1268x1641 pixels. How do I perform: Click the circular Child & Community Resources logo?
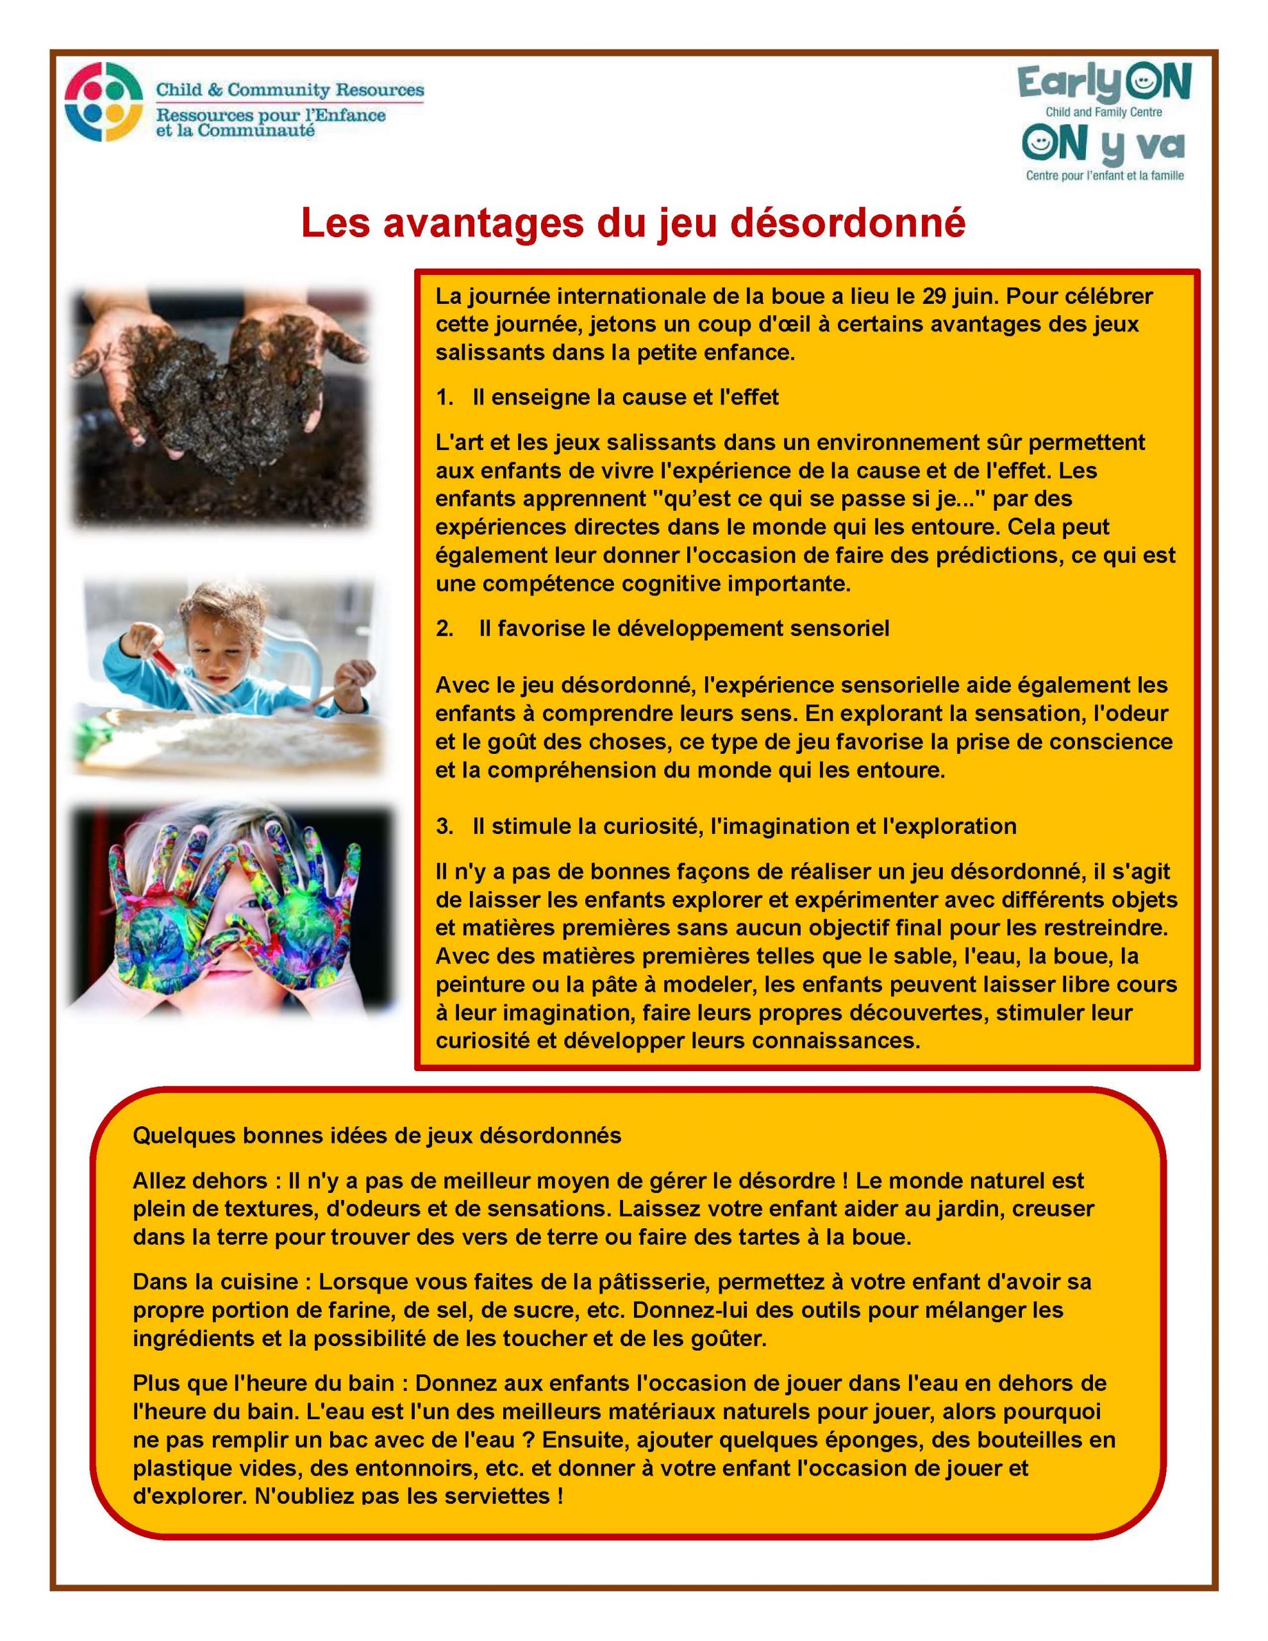pyautogui.click(x=103, y=102)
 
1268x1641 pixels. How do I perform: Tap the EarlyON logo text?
pyautogui.click(x=1104, y=84)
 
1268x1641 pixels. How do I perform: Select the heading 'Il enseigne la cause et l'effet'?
pyautogui.click(x=626, y=397)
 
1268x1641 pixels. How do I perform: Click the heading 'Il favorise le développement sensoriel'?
pyautogui.click(x=684, y=628)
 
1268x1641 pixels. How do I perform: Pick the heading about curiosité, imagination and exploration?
pyautogui.click(x=744, y=826)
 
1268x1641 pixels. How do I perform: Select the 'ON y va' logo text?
pyautogui.click(x=1103, y=145)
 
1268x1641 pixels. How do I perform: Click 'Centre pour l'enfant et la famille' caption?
pyautogui.click(x=1105, y=176)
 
